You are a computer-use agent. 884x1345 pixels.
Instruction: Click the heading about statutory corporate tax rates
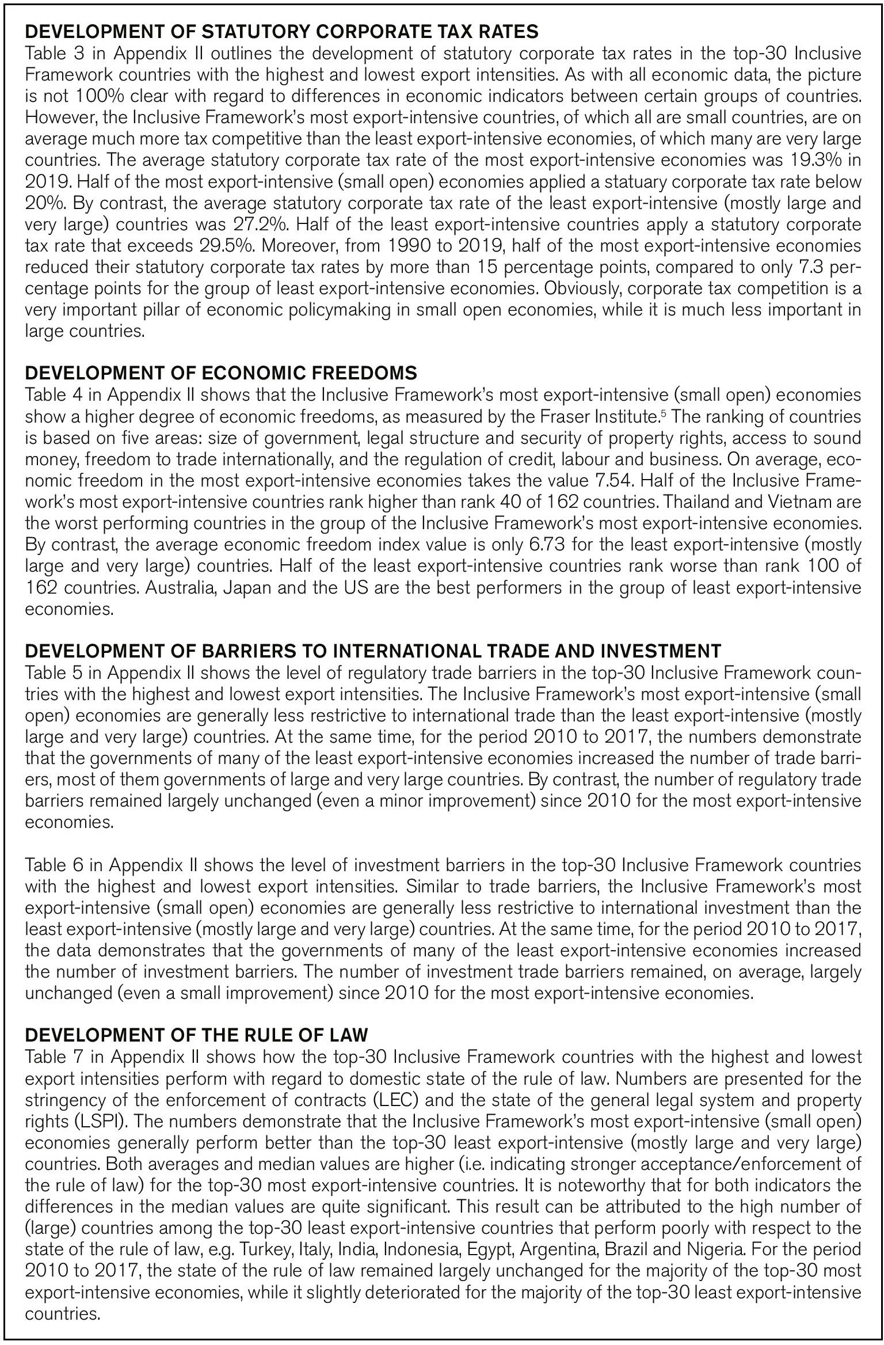coord(282,32)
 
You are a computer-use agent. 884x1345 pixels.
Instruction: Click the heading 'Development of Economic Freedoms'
coord(221,373)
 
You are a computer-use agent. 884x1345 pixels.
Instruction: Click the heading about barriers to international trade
coord(373,651)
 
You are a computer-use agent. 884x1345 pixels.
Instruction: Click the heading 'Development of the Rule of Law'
coord(196,1035)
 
